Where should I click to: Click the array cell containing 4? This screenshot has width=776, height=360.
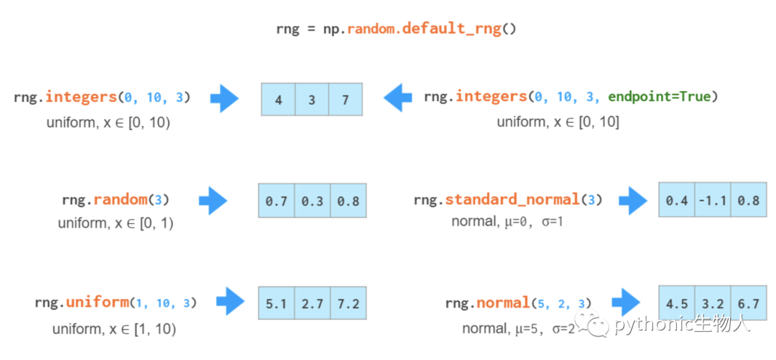click(279, 100)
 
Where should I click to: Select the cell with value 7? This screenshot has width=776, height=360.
click(346, 100)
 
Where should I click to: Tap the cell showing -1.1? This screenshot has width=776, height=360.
click(713, 200)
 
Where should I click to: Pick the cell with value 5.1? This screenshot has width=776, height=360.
click(276, 303)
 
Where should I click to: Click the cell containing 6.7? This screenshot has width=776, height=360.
click(748, 303)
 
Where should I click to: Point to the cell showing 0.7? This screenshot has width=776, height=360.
click(276, 200)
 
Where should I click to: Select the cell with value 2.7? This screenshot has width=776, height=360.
click(313, 303)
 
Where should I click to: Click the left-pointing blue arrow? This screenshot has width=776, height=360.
click(397, 98)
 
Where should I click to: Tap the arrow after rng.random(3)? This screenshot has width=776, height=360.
click(213, 200)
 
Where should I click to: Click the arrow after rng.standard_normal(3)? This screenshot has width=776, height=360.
click(633, 200)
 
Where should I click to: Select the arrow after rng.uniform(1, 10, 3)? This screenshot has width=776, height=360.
click(231, 301)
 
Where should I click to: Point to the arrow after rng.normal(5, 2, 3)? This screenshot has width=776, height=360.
click(626, 301)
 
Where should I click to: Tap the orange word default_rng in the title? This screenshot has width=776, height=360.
click(451, 29)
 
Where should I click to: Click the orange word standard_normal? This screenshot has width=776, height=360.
click(512, 200)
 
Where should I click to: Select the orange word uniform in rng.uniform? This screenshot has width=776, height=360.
click(97, 302)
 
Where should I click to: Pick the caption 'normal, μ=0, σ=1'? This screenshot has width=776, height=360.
click(507, 221)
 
